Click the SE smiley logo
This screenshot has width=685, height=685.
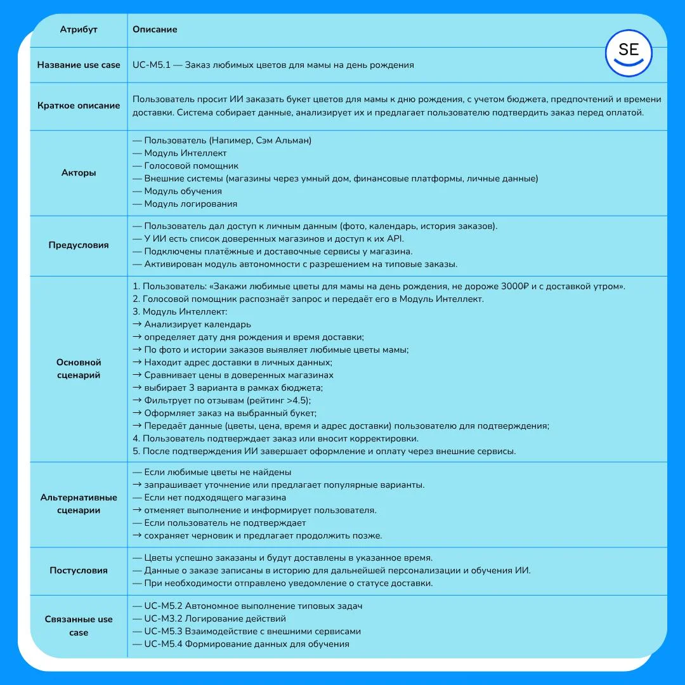(x=628, y=53)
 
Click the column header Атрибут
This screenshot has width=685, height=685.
(x=79, y=29)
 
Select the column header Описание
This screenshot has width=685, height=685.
(x=155, y=29)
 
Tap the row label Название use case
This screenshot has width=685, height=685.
(x=79, y=65)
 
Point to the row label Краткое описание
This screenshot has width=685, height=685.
(x=79, y=105)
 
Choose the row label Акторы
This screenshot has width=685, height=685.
(x=79, y=173)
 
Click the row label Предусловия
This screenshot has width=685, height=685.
(x=79, y=245)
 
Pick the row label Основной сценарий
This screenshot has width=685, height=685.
(x=79, y=369)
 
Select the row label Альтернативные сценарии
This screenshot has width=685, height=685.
(x=79, y=504)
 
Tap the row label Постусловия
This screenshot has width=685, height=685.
(x=79, y=570)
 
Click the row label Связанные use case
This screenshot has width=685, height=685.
(x=79, y=625)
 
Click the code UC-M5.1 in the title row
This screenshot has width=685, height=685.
(x=151, y=65)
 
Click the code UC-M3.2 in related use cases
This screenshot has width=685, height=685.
(x=163, y=618)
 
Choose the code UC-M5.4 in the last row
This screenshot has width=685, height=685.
(x=163, y=644)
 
